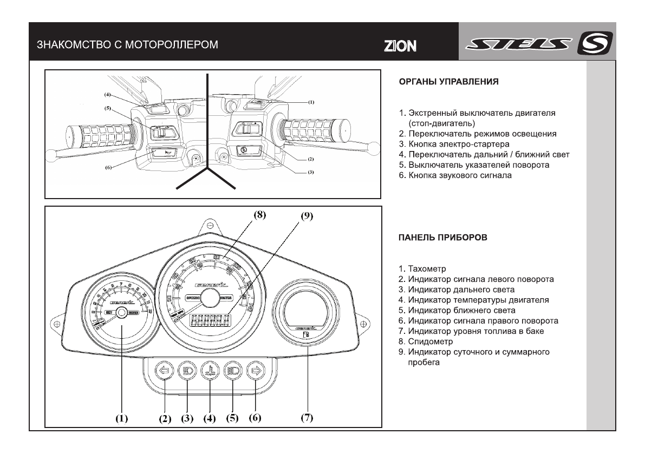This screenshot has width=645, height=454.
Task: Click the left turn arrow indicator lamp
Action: click(163, 372)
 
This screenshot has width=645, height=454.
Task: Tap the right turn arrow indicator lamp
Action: click(255, 372)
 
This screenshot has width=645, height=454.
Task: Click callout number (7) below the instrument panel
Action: click(307, 418)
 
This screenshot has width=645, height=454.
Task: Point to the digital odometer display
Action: click(209, 320)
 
